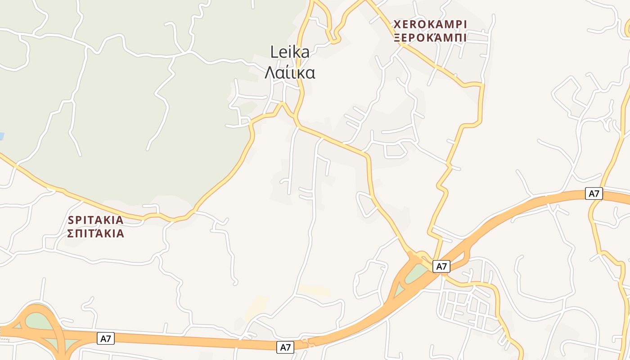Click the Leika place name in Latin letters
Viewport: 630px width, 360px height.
pyautogui.click(x=290, y=52)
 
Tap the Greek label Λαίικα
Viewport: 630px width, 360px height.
pyautogui.click(x=290, y=72)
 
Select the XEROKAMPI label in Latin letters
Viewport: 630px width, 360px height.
pyautogui.click(x=430, y=24)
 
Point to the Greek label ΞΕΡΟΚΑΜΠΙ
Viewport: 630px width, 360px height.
pyautogui.click(x=430, y=38)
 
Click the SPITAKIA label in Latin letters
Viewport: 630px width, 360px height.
pyautogui.click(x=95, y=220)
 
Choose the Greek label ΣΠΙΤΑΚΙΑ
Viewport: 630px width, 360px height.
pyautogui.click(x=95, y=234)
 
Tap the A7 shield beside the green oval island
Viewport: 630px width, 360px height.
pyautogui.click(x=441, y=266)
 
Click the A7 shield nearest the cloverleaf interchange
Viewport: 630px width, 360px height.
pyautogui.click(x=106, y=338)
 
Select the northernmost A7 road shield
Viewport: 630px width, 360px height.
pyautogui.click(x=594, y=193)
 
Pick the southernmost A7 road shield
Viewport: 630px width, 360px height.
pyautogui.click(x=285, y=347)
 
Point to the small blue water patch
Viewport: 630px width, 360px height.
pyautogui.click(x=2, y=136)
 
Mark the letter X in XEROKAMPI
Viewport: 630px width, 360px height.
pyautogui.click(x=397, y=24)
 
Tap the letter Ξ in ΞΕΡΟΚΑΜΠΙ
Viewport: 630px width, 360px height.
pyautogui.click(x=397, y=38)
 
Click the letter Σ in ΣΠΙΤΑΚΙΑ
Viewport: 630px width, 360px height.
pyautogui.click(x=71, y=234)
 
